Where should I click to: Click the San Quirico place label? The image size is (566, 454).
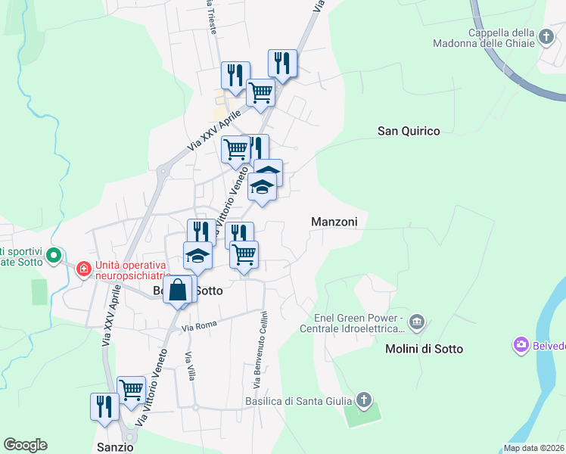point(409,131)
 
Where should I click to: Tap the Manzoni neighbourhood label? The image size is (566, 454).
point(334,221)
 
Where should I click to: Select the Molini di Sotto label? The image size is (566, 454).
point(424,349)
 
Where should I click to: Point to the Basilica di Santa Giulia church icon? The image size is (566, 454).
point(364,400)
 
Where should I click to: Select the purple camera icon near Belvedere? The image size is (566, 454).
point(521,345)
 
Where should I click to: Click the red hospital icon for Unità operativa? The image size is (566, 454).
point(82,268)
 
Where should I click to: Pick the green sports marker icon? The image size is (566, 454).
point(53,257)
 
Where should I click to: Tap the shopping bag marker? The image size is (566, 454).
point(177,291)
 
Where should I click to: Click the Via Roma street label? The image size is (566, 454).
point(199,327)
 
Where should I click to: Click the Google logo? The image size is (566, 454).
point(25,445)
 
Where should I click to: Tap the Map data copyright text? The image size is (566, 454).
point(534,448)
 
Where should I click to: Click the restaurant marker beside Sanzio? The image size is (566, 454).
point(104,406)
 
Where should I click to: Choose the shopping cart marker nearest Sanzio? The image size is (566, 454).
point(131,390)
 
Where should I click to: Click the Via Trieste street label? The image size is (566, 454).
point(211,15)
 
